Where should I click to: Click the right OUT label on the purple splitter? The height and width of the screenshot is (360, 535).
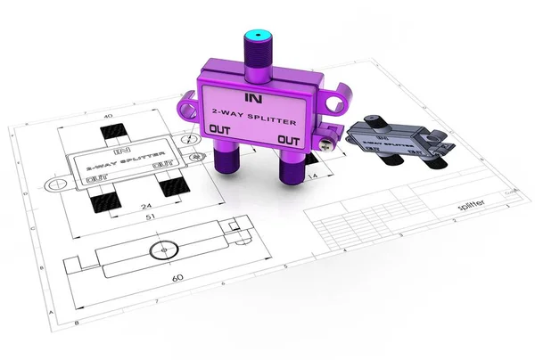pyautogui.click(x=287, y=140)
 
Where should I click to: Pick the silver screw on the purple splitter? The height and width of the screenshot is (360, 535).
pyautogui.click(x=329, y=136)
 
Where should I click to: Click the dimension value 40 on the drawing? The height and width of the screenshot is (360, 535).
pyautogui.click(x=109, y=116)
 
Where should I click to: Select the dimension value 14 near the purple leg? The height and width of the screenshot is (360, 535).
pyautogui.click(x=314, y=178)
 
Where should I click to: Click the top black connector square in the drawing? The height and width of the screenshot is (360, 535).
pyautogui.click(x=115, y=135)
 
